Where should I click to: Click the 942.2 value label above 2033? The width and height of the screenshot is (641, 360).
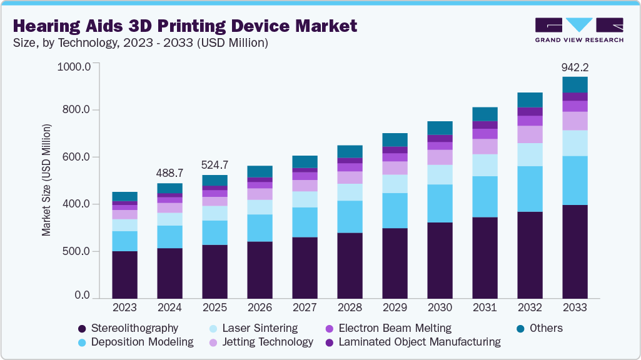coord(575,67)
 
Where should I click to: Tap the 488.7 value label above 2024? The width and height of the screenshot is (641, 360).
coord(169,172)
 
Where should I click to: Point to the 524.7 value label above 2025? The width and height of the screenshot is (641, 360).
coord(215,165)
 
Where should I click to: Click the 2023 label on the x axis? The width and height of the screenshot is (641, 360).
coord(124,307)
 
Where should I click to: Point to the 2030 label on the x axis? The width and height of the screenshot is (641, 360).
coord(440,307)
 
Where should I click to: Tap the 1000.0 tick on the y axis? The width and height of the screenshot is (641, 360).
coord(74,66)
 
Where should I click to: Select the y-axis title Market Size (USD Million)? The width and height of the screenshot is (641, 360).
coord(46,180)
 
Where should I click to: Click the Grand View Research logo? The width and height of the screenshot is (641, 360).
coord(579,29)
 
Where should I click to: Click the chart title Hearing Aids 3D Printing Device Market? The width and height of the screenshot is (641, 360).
coord(184,26)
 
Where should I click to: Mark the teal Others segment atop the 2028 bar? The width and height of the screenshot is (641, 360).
coord(350,151)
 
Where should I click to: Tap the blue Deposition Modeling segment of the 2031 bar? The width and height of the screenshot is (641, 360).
coord(485,197)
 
